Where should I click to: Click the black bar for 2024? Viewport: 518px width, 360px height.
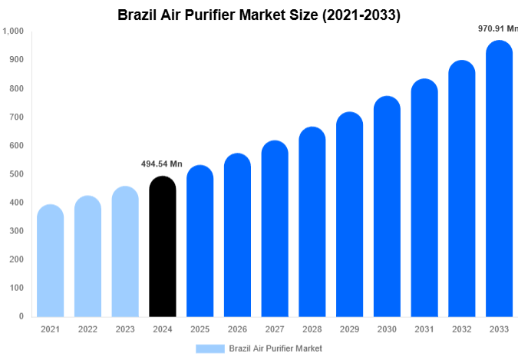coord(162,247)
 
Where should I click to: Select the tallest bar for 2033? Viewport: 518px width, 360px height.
coord(500,180)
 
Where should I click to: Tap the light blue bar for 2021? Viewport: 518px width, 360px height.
coord(50,261)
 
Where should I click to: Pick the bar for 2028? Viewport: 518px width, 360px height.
coord(312,223)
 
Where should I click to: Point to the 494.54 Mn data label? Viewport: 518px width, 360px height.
coord(162,163)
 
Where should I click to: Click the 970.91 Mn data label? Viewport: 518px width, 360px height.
coord(497,28)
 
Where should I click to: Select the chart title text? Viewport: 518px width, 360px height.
coord(259,14)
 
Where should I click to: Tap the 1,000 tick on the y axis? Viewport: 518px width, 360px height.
coord(13,31)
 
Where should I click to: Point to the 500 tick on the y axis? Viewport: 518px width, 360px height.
coord(16,174)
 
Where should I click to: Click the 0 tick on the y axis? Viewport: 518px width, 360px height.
coord(21,316)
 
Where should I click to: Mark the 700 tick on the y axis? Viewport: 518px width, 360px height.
coord(16,117)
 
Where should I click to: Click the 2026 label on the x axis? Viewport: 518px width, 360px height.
coord(237,329)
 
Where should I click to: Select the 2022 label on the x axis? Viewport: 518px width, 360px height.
coord(87,329)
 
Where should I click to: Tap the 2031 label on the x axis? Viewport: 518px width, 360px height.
coord(424,329)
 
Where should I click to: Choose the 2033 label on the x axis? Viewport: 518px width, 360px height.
coord(500,329)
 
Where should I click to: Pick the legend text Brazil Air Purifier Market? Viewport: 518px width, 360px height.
coord(275,348)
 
